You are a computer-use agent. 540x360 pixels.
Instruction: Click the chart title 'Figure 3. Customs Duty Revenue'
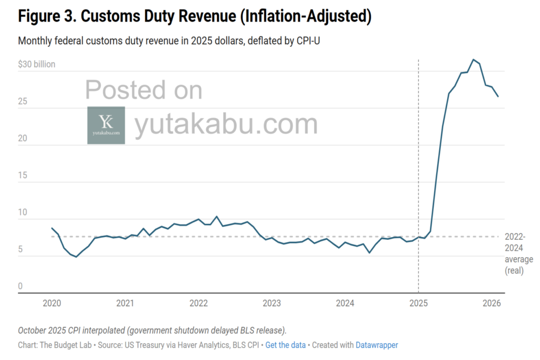(195, 16)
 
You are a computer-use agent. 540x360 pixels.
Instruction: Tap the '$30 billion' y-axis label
(36, 64)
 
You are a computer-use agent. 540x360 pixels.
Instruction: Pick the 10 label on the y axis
(22, 212)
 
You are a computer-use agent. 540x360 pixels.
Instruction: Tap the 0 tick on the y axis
(20, 286)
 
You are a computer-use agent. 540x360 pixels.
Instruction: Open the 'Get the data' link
(285, 345)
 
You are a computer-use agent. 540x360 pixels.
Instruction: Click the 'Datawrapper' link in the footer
(377, 345)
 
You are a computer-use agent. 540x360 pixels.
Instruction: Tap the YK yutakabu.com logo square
(106, 125)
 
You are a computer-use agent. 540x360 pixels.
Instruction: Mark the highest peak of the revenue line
(473, 60)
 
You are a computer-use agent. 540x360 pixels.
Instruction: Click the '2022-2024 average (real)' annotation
(515, 254)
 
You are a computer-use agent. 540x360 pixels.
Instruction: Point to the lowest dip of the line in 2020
(76, 257)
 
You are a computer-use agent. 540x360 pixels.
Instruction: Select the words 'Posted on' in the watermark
(143, 90)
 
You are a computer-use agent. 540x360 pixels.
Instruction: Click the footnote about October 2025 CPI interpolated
(152, 330)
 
